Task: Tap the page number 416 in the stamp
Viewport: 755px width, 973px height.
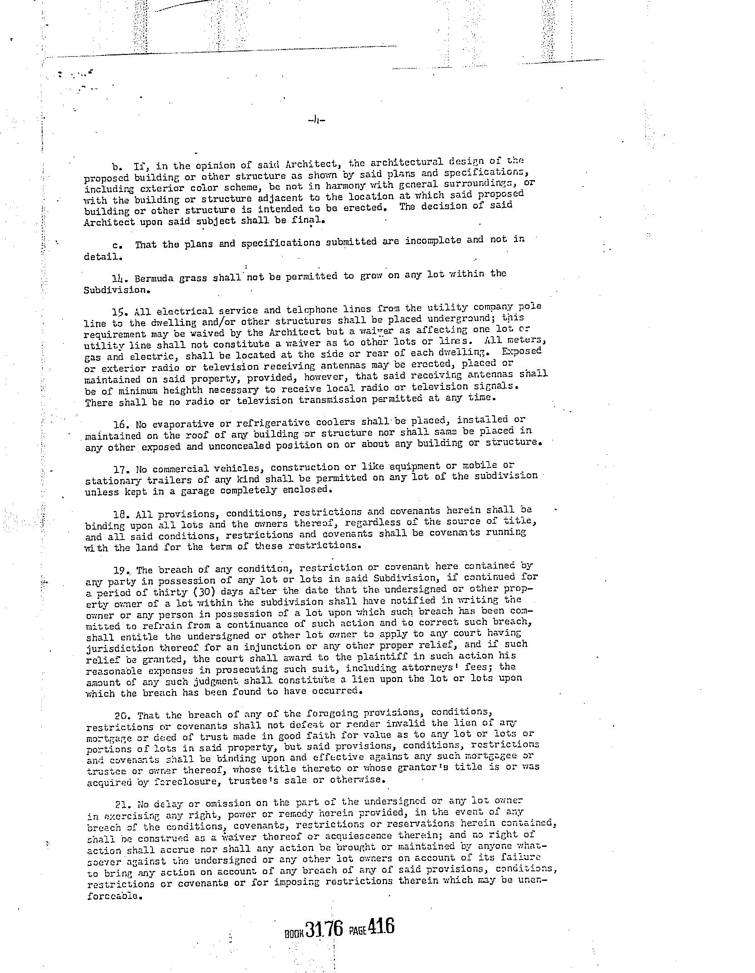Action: (x=381, y=926)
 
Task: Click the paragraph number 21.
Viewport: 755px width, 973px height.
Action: (x=122, y=804)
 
